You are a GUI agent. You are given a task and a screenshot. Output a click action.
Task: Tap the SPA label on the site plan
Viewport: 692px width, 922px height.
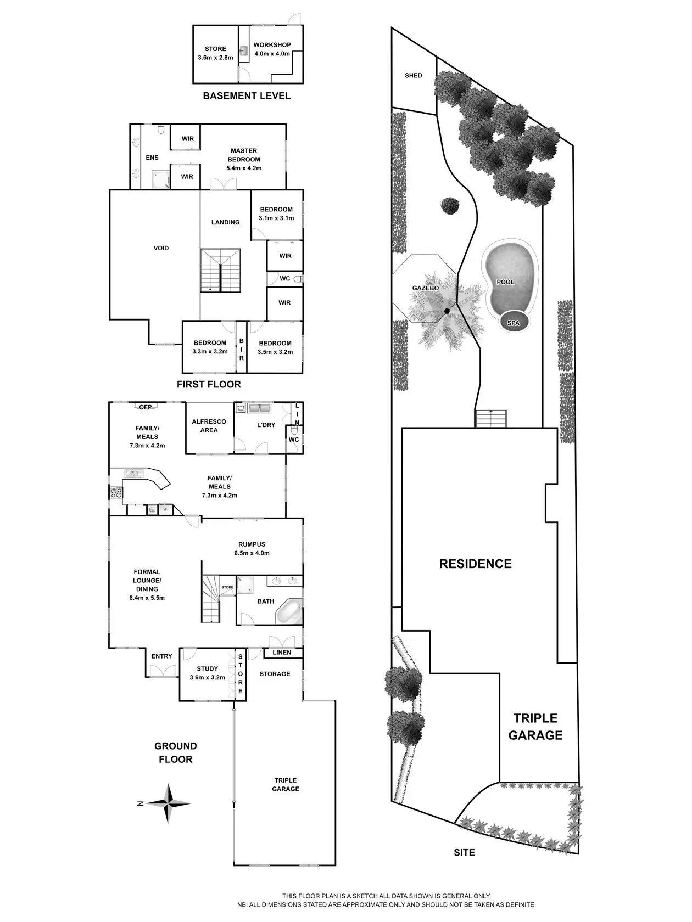point(513,323)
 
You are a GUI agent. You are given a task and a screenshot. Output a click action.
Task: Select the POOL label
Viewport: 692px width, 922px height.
point(505,282)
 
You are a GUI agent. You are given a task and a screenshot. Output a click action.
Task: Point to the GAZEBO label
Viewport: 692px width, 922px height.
point(426,288)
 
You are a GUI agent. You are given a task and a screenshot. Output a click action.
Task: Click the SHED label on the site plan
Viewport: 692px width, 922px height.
point(414,75)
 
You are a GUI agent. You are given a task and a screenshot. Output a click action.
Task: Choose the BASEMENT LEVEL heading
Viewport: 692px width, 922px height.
point(247,96)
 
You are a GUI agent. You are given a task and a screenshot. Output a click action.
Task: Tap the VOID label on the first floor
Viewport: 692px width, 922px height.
point(161,248)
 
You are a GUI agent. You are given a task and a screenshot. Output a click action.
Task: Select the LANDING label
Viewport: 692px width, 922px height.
point(226,222)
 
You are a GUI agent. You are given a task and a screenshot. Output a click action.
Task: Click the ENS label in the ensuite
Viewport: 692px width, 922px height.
point(152,158)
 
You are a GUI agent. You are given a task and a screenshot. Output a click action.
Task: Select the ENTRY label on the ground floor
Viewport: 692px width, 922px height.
point(161,656)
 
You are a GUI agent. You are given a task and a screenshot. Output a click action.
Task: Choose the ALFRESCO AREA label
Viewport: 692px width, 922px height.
point(209,426)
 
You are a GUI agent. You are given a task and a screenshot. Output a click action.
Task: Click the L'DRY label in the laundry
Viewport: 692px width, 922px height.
point(266,425)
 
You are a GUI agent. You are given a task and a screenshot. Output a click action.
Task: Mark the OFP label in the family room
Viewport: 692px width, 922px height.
point(146,407)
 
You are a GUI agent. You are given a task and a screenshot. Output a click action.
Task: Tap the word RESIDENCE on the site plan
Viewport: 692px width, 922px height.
point(476,564)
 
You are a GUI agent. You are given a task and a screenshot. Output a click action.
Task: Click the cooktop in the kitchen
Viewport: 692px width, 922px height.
point(116,492)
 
